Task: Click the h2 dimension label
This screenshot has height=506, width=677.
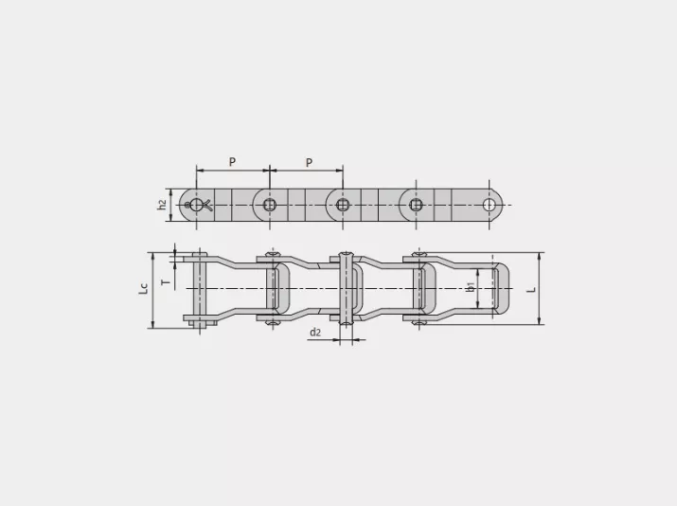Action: click(162, 205)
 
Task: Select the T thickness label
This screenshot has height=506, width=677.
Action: click(166, 282)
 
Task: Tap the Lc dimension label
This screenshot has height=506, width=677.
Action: click(143, 288)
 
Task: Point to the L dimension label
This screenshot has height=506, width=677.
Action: click(532, 289)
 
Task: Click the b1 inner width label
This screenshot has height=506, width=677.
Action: click(471, 286)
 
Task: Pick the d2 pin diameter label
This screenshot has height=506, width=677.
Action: click(315, 333)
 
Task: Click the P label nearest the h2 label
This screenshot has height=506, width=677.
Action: click(232, 162)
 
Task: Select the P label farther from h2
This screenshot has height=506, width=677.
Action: click(309, 162)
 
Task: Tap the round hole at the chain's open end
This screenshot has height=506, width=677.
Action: click(490, 205)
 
